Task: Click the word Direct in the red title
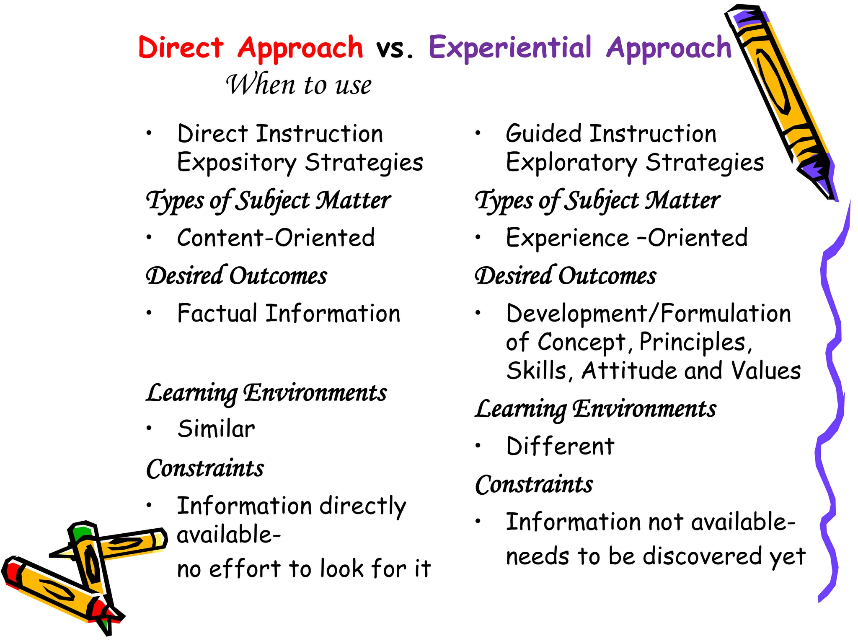click(x=181, y=47)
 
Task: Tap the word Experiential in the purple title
click(x=510, y=47)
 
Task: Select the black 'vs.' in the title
click(x=394, y=49)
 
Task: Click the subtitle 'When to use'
click(x=298, y=85)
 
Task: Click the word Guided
click(x=544, y=134)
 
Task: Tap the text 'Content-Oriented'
click(x=276, y=238)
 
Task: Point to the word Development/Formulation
click(x=648, y=313)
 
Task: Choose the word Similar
click(x=216, y=429)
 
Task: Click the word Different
click(x=560, y=446)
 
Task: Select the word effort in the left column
click(x=245, y=569)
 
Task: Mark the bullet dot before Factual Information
click(x=149, y=313)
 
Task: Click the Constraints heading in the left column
click(x=205, y=468)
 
